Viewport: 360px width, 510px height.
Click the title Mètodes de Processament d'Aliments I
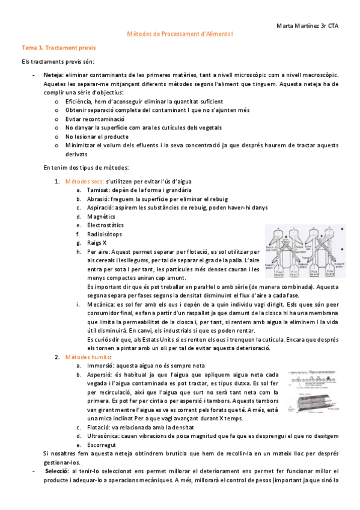pos(180,35)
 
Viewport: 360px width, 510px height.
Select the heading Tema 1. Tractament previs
pos(59,47)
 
